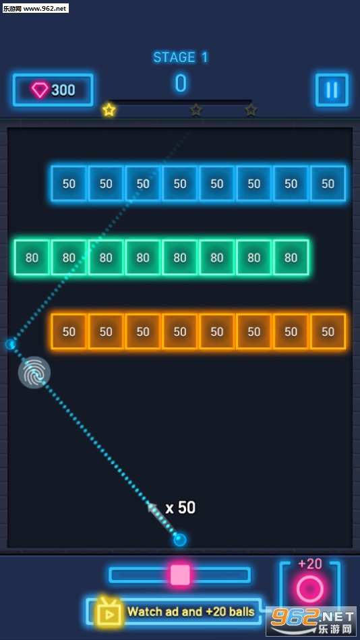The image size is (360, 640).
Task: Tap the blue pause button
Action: pyautogui.click(x=332, y=90)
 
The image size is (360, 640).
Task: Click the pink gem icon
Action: pyautogui.click(x=40, y=90)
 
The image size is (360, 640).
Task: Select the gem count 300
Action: pyautogui.click(x=63, y=90)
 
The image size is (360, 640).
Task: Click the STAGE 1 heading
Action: pyautogui.click(x=181, y=57)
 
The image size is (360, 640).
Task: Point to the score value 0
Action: pyautogui.click(x=181, y=83)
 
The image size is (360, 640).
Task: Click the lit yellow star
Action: pyautogui.click(x=109, y=110)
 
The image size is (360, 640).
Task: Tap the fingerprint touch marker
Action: pyautogui.click(x=34, y=372)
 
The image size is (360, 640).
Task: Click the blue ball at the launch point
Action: pyautogui.click(x=180, y=540)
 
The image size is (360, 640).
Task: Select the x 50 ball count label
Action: pyautogui.click(x=181, y=507)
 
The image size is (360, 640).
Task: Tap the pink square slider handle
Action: pyautogui.click(x=180, y=575)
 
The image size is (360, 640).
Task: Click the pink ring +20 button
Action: pyautogui.click(x=310, y=589)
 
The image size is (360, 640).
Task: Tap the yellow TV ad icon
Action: pyautogui.click(x=109, y=611)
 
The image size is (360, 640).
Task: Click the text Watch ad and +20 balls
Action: pyautogui.click(x=191, y=612)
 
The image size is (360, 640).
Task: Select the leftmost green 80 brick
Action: pyautogui.click(x=32, y=258)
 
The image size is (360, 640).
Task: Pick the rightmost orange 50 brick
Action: pyautogui.click(x=328, y=331)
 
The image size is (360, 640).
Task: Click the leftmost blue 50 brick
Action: pyautogui.click(x=69, y=183)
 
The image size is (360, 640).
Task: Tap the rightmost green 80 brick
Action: pyautogui.click(x=291, y=258)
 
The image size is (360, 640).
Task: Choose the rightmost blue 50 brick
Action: pyautogui.click(x=328, y=183)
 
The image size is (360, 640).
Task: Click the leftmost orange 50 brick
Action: pyautogui.click(x=69, y=331)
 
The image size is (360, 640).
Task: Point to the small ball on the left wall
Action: pyautogui.click(x=11, y=345)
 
